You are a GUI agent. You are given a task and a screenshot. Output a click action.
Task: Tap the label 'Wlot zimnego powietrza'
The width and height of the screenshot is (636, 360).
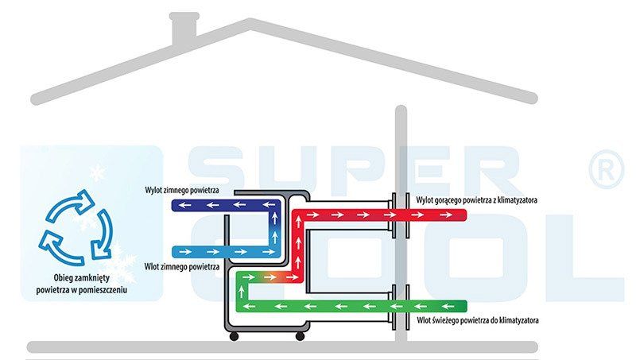pyautogui.click(x=182, y=267)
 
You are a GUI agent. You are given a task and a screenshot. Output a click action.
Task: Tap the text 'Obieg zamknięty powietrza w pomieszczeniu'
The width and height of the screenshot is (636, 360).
pyautogui.click(x=81, y=285)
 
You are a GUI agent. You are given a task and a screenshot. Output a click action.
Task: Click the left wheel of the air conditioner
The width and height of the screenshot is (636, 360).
pyautogui.click(x=234, y=337)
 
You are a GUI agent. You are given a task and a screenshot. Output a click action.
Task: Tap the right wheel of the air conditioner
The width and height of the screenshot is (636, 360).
pyautogui.click(x=300, y=337)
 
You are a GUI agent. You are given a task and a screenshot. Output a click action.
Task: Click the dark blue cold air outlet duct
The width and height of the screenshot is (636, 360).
pyautogui.click(x=223, y=205)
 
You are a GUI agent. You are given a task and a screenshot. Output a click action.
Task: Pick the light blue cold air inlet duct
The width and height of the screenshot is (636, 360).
pyautogui.click(x=223, y=250)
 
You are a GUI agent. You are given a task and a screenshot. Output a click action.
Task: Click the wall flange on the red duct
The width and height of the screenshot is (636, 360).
pyautogui.click(x=400, y=215)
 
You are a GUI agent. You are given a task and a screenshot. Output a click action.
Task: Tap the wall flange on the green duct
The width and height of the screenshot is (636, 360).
pyautogui.click(x=400, y=306)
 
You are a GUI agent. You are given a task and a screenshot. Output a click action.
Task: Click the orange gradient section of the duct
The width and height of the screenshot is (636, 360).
pyautogui.click(x=266, y=278)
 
